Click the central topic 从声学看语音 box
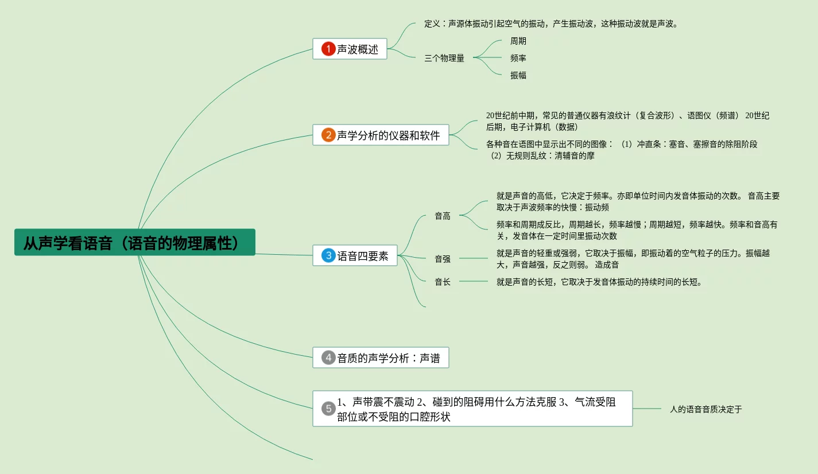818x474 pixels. click(134, 242)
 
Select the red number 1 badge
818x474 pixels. click(328, 49)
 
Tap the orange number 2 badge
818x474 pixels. click(328, 135)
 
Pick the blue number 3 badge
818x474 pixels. click(328, 256)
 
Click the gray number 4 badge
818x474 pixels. click(328, 358)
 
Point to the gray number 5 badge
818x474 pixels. click(328, 409)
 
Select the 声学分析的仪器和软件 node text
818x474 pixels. click(388, 135)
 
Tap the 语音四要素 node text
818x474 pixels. click(363, 256)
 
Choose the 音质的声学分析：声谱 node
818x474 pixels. click(388, 358)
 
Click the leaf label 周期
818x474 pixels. click(518, 41)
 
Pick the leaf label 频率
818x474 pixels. click(518, 58)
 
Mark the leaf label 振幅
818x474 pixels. click(518, 75)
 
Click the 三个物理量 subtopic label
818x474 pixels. click(444, 58)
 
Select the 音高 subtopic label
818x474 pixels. click(443, 216)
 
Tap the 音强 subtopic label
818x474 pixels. click(443, 259)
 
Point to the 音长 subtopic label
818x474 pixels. click(443, 282)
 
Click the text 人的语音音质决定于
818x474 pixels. click(706, 409)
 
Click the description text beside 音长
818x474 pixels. click(599, 282)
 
